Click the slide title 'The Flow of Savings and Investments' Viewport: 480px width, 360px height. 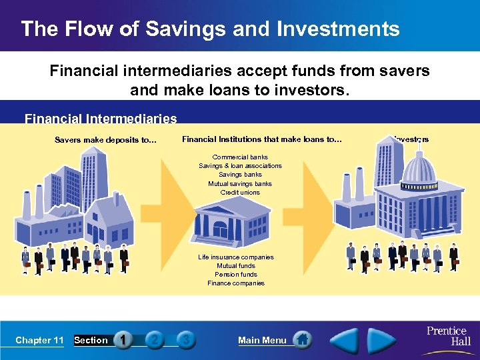pos(210,29)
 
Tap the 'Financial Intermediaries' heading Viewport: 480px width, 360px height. pos(101,119)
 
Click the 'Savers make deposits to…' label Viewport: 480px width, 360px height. pos(105,140)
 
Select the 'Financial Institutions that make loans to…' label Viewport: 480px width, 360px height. pos(261,139)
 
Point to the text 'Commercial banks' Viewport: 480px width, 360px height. pos(240,157)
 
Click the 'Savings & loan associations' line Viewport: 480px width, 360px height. pos(240,166)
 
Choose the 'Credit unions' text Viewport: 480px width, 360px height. pos(240,193)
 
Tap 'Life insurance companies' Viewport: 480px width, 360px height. pos(236,257)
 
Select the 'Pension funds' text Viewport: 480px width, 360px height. pos(236,275)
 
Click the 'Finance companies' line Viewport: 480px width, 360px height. pos(236,283)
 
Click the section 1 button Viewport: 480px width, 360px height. pos(123,340)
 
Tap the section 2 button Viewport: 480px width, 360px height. pos(155,340)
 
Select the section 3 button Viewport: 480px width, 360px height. pos(186,340)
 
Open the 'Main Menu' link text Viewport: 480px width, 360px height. pos(262,341)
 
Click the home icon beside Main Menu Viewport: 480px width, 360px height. pos(303,339)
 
